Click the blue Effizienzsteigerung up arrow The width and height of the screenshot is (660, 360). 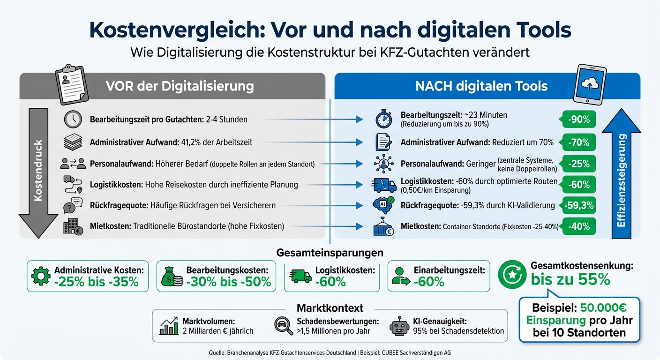pyautogui.click(x=622, y=173)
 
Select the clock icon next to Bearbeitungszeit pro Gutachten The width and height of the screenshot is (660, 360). pyautogui.click(x=73, y=120)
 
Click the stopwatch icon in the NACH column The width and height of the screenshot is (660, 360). pyautogui.click(x=384, y=120)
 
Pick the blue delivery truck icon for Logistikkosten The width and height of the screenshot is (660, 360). pyautogui.click(x=384, y=185)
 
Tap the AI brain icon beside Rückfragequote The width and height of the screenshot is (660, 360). pyautogui.click(x=384, y=205)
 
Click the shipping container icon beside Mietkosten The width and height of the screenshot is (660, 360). pyautogui.click(x=384, y=227)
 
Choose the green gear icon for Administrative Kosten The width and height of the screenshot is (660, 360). pyautogui.click(x=40, y=277)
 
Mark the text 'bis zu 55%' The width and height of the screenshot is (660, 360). pyautogui.click(x=570, y=279)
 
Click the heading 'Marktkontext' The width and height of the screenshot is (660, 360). pyautogui.click(x=330, y=308)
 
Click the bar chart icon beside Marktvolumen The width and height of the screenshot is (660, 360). pyautogui.click(x=169, y=326)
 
